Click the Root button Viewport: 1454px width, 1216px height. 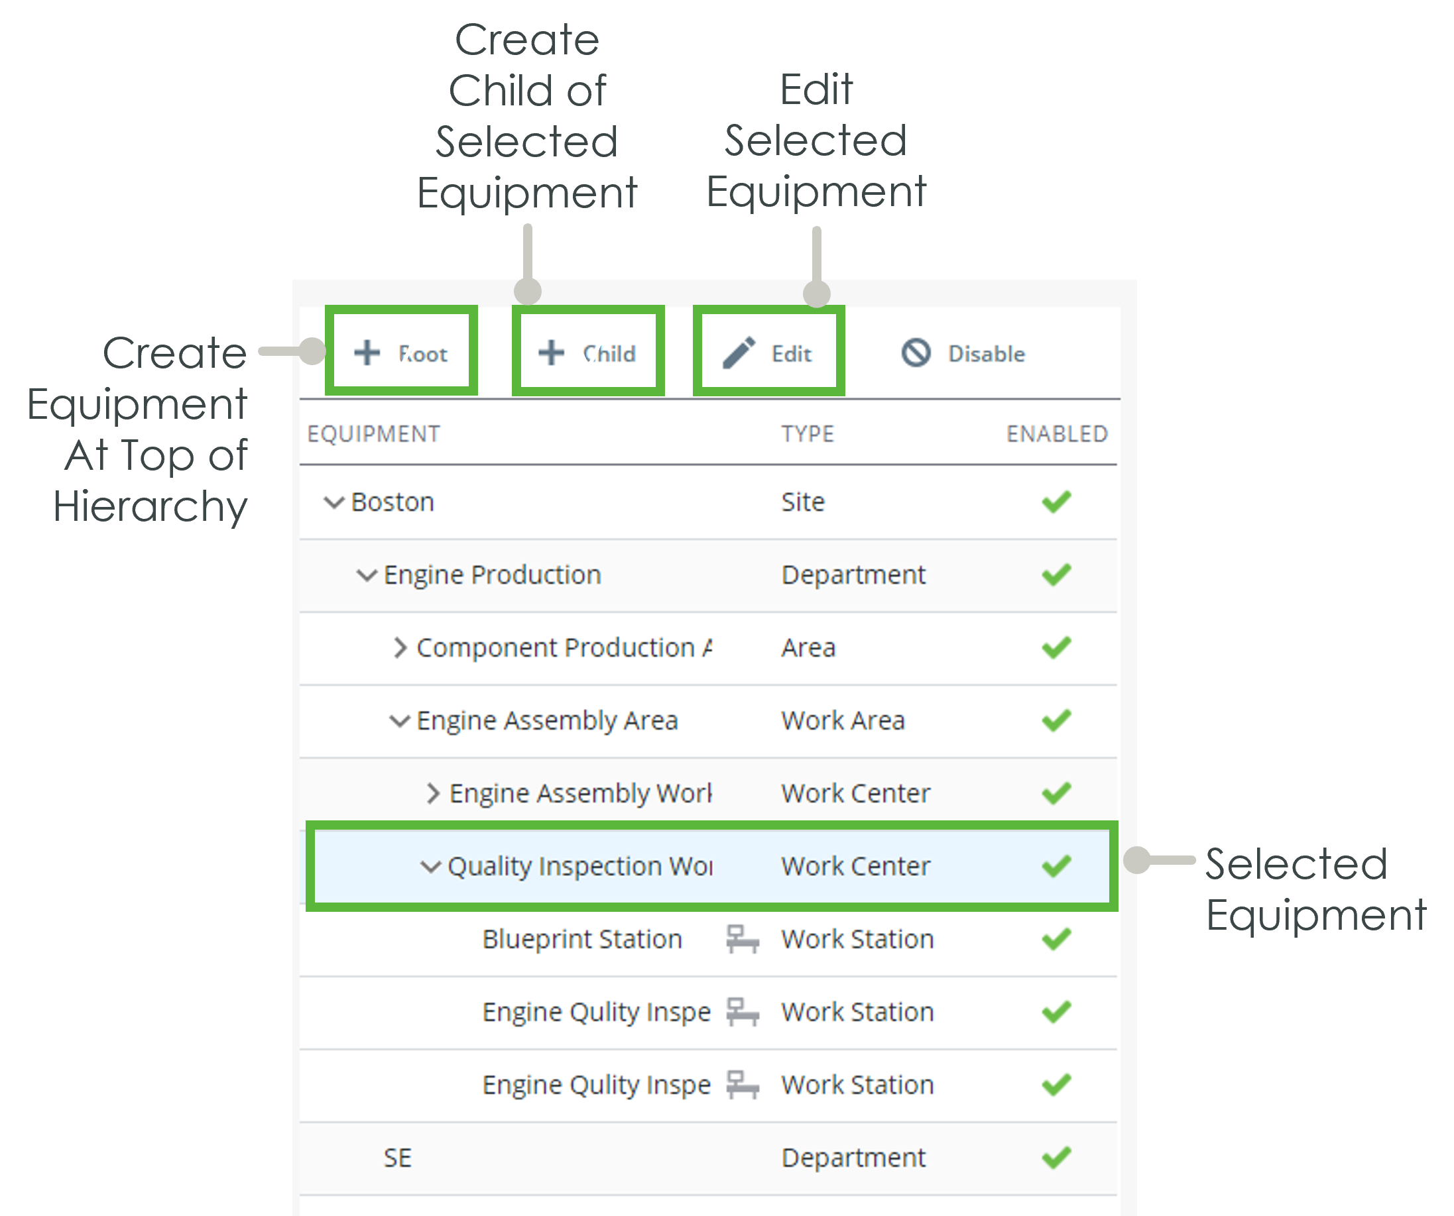click(402, 353)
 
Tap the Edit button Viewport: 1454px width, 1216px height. click(768, 353)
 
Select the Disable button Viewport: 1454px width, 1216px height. click(963, 353)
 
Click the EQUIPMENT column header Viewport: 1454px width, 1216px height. click(373, 434)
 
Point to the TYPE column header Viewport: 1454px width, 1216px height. click(808, 434)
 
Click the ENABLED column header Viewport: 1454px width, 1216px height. click(1057, 434)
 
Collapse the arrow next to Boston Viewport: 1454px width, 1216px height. click(333, 502)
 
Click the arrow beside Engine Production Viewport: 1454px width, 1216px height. click(366, 575)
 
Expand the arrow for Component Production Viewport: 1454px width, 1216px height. click(400, 648)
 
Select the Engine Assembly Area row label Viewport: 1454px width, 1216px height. click(547, 720)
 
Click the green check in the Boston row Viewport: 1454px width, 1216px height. click(1057, 502)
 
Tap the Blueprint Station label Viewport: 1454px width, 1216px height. click(582, 939)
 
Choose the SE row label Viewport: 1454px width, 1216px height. click(397, 1157)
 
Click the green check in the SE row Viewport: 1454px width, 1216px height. click(1057, 1157)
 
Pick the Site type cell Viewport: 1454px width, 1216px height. click(803, 502)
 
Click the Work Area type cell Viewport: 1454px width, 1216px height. click(843, 720)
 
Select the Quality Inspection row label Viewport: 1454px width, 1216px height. click(580, 866)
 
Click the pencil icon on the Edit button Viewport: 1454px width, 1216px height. click(739, 353)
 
